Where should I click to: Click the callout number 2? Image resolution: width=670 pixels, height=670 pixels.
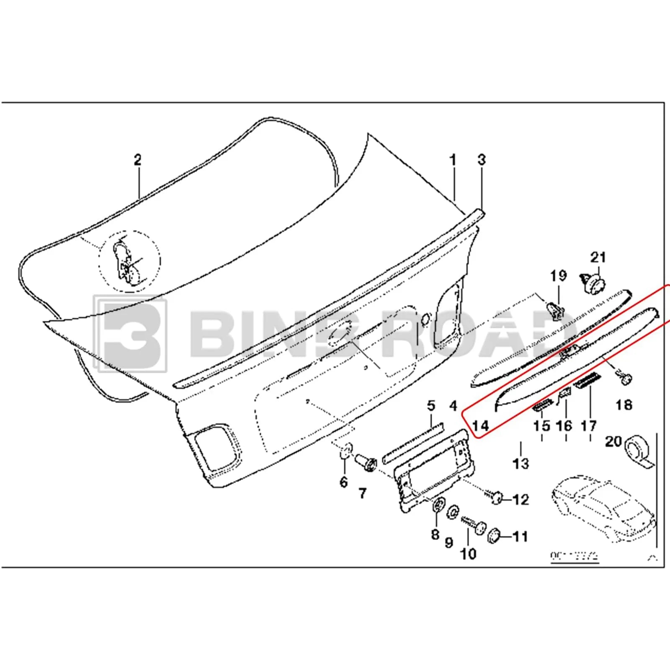[138, 160]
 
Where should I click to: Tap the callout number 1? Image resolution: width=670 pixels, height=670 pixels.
[453, 160]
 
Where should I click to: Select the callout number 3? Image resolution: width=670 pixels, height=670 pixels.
[482, 160]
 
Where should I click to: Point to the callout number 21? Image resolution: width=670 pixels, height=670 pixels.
[598, 257]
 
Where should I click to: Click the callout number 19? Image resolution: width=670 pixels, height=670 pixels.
[558, 276]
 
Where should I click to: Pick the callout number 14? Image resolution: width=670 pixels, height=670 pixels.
[481, 426]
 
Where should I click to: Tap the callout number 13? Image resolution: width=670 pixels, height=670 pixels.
[521, 463]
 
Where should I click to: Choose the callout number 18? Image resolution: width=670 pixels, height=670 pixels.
[624, 405]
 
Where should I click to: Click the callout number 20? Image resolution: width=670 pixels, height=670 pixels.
[613, 441]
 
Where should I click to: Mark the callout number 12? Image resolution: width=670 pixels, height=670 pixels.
[521, 499]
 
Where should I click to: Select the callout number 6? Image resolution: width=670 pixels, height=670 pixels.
[343, 482]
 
